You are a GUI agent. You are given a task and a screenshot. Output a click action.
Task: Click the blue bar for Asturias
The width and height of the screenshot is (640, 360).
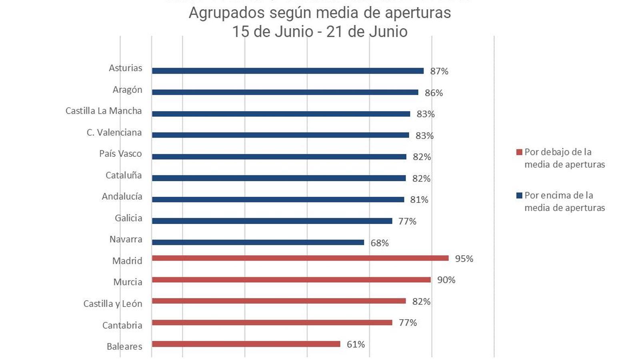288,71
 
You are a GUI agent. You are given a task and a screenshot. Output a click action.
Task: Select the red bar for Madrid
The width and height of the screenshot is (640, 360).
300,258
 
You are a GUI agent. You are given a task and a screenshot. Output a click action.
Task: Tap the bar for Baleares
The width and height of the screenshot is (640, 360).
246,344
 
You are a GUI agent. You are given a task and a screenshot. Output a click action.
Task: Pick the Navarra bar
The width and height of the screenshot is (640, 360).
258,242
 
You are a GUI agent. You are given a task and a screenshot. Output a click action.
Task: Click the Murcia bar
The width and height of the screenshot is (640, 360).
291,280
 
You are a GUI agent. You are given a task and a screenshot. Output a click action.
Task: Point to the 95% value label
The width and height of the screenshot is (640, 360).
464,259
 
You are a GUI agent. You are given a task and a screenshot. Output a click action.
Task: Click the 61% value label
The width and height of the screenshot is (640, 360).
356,344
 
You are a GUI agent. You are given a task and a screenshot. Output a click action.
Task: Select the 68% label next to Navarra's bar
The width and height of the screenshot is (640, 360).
380,243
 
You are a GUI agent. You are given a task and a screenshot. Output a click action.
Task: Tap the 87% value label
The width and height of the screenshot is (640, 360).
439,71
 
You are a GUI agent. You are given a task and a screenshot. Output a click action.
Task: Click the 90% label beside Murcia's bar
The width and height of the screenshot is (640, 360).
446,280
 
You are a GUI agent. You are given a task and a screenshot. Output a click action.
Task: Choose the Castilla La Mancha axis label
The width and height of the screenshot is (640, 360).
104,111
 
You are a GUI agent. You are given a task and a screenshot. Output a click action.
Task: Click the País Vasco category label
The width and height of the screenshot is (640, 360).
120,154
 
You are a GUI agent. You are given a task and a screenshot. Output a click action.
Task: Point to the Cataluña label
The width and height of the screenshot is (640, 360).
124,175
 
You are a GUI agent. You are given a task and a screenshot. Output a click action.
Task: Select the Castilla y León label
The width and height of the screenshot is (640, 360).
113,304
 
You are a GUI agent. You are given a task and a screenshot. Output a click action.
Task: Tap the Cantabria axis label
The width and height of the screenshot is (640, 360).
122,325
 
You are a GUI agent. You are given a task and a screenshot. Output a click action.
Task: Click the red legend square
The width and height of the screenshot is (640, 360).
519,152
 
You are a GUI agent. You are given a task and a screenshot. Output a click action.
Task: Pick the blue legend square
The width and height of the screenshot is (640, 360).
519,196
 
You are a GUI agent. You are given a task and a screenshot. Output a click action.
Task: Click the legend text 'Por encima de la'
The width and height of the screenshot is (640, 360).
559,196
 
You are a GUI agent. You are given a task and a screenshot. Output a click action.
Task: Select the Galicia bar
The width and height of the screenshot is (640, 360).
272,221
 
